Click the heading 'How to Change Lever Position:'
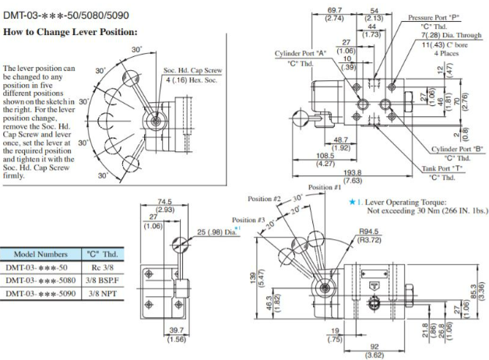71,32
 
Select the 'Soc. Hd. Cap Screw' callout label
192,70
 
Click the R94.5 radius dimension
369,231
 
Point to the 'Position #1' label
325,187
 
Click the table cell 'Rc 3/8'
98,266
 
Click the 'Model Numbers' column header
37,253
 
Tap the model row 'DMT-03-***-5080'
38,280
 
